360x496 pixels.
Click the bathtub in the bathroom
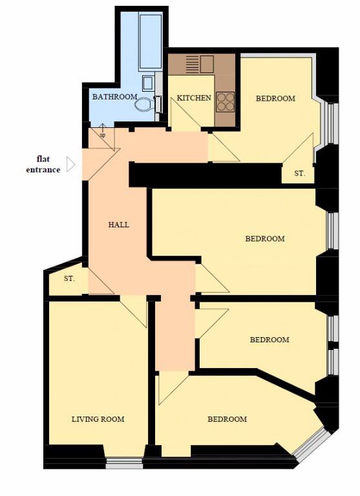click(x=151, y=41)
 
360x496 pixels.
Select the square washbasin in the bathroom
click(x=148, y=83)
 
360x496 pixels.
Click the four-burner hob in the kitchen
click(x=226, y=102)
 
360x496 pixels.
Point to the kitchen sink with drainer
click(x=200, y=64)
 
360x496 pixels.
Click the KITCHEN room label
click(x=194, y=98)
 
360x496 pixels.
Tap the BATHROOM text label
click(x=114, y=97)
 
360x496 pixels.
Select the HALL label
click(x=119, y=225)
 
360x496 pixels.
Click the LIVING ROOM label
click(x=98, y=419)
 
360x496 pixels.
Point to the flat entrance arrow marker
click(x=70, y=165)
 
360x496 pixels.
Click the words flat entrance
click(x=43, y=164)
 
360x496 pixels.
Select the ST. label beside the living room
click(x=69, y=279)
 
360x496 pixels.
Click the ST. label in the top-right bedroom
click(x=300, y=174)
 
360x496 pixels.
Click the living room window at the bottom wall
click(x=124, y=463)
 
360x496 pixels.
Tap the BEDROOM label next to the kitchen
click(x=275, y=99)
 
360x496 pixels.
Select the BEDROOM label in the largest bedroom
click(x=265, y=238)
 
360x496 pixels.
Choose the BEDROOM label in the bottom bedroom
click(x=227, y=419)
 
